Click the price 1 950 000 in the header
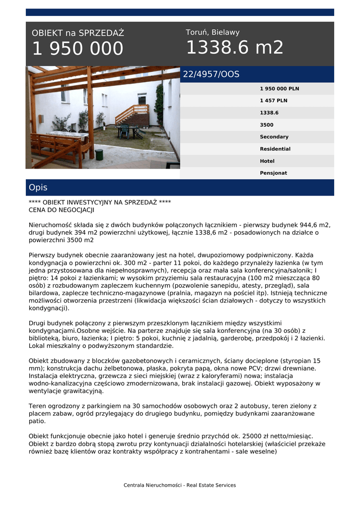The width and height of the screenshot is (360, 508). click(x=77, y=49)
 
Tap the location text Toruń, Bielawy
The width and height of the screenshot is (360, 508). click(x=213, y=32)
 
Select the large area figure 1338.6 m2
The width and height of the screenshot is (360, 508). click(x=234, y=48)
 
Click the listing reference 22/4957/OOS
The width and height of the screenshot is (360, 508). click(x=211, y=74)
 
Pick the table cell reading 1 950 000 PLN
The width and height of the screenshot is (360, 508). click(x=279, y=89)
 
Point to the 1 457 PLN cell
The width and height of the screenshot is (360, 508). click(x=273, y=101)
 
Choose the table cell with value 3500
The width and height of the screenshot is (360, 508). click(x=267, y=125)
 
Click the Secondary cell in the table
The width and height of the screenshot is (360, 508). click(x=274, y=137)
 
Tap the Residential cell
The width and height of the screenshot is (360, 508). click(x=275, y=149)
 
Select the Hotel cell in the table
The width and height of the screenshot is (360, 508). click(x=267, y=161)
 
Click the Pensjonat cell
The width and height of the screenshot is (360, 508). click(x=273, y=173)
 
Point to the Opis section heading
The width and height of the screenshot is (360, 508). click(x=38, y=188)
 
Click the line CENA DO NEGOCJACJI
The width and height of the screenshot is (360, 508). click(x=61, y=210)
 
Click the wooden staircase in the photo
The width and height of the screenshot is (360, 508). click(x=133, y=115)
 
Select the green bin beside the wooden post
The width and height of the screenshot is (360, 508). click(x=99, y=154)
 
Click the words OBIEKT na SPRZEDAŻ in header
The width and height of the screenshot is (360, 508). click(x=78, y=33)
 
